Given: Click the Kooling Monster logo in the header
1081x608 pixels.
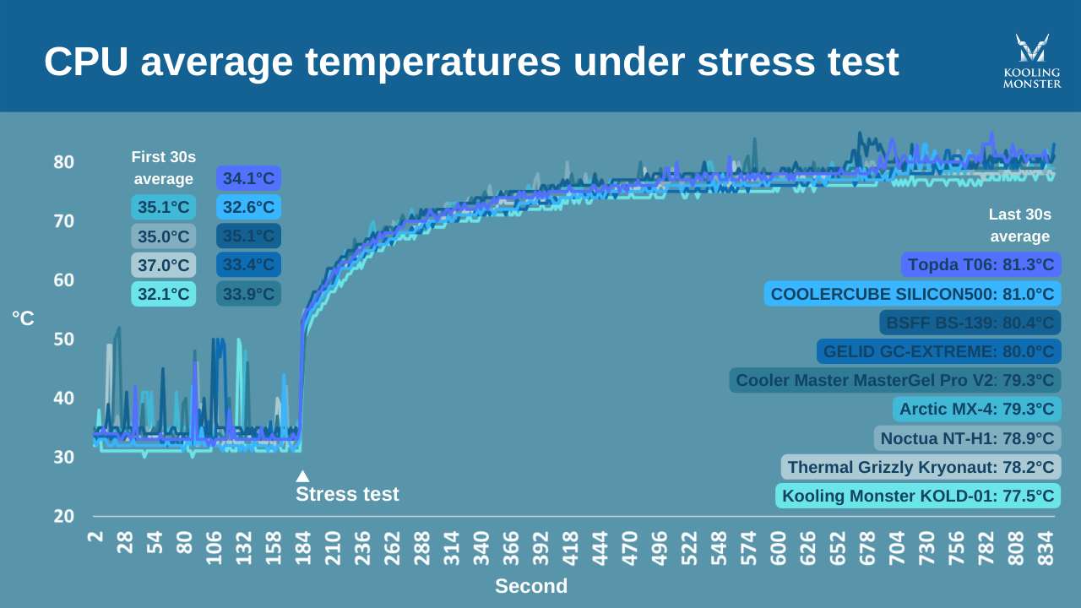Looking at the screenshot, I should point(1031,61).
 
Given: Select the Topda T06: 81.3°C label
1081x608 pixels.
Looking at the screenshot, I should point(981,265).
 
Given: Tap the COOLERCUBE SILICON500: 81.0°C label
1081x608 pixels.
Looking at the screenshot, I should point(912,294).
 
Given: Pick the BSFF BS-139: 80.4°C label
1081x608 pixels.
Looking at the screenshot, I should point(970,323).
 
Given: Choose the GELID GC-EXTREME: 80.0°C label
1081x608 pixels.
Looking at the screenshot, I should point(938,351).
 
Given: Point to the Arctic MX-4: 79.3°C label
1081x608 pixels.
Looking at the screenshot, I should point(976,410).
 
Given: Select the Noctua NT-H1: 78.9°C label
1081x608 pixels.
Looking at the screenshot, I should point(967,438).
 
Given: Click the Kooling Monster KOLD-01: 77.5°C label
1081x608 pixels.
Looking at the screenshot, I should point(917,496).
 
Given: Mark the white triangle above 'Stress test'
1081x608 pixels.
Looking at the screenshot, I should point(302,476).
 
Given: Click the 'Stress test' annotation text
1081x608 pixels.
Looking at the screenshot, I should point(347,494).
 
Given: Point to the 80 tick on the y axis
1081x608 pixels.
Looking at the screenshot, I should point(64,161).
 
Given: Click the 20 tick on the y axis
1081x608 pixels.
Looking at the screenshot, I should point(64,516).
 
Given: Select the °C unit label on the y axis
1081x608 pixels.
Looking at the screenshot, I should point(23,318).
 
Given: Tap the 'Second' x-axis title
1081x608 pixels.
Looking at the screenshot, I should point(531,586).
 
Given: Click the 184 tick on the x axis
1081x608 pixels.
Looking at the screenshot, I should point(302,548).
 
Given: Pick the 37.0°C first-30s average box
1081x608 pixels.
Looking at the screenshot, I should point(164,265).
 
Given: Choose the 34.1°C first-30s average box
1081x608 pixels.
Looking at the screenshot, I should point(248,178).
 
